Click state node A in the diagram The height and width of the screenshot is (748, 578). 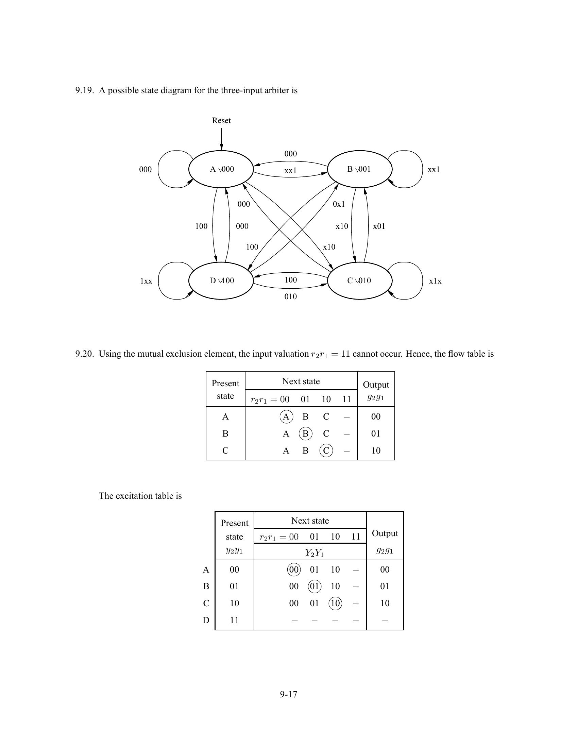(x=221, y=169)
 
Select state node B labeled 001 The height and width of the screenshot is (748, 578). (x=359, y=169)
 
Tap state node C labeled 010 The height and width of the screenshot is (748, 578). (x=359, y=281)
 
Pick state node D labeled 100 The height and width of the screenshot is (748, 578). (x=221, y=281)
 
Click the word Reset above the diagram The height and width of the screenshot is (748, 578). (x=221, y=121)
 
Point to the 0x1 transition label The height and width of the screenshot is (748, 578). (x=339, y=204)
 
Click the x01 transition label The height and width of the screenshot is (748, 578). (x=379, y=226)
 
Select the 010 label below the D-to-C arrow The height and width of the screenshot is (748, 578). (x=290, y=296)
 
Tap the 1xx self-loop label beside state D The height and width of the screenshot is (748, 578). (x=146, y=281)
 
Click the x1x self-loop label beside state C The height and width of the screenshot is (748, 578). (x=435, y=281)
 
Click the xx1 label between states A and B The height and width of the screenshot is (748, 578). (x=290, y=171)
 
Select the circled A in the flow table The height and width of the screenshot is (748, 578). (x=286, y=417)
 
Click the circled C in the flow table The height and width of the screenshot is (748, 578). (x=326, y=451)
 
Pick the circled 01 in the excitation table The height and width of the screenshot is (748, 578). (x=314, y=586)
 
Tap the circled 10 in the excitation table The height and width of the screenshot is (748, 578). (x=335, y=603)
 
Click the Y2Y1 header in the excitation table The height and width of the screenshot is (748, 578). (x=314, y=552)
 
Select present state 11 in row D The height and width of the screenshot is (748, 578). (x=234, y=620)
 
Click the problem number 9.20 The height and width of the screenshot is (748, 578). (x=84, y=354)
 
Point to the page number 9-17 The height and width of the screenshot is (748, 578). (x=289, y=694)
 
